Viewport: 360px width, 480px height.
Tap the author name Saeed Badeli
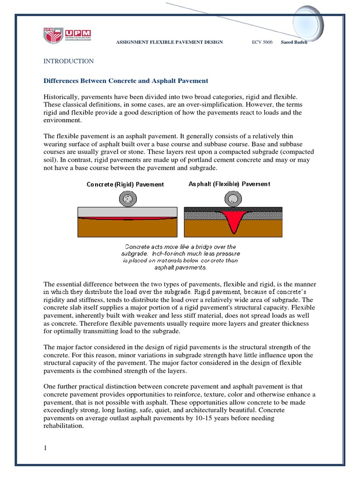tap(294, 42)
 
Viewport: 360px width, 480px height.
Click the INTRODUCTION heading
tap(68, 61)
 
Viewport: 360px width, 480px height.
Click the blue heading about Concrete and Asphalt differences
tap(126, 81)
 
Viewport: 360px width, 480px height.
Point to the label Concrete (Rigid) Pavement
tap(125, 184)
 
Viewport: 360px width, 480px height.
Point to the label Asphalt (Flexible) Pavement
tap(229, 184)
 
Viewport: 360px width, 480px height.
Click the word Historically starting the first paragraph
tap(61, 96)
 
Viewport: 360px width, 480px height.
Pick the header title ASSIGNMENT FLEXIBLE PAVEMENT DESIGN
tap(169, 42)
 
